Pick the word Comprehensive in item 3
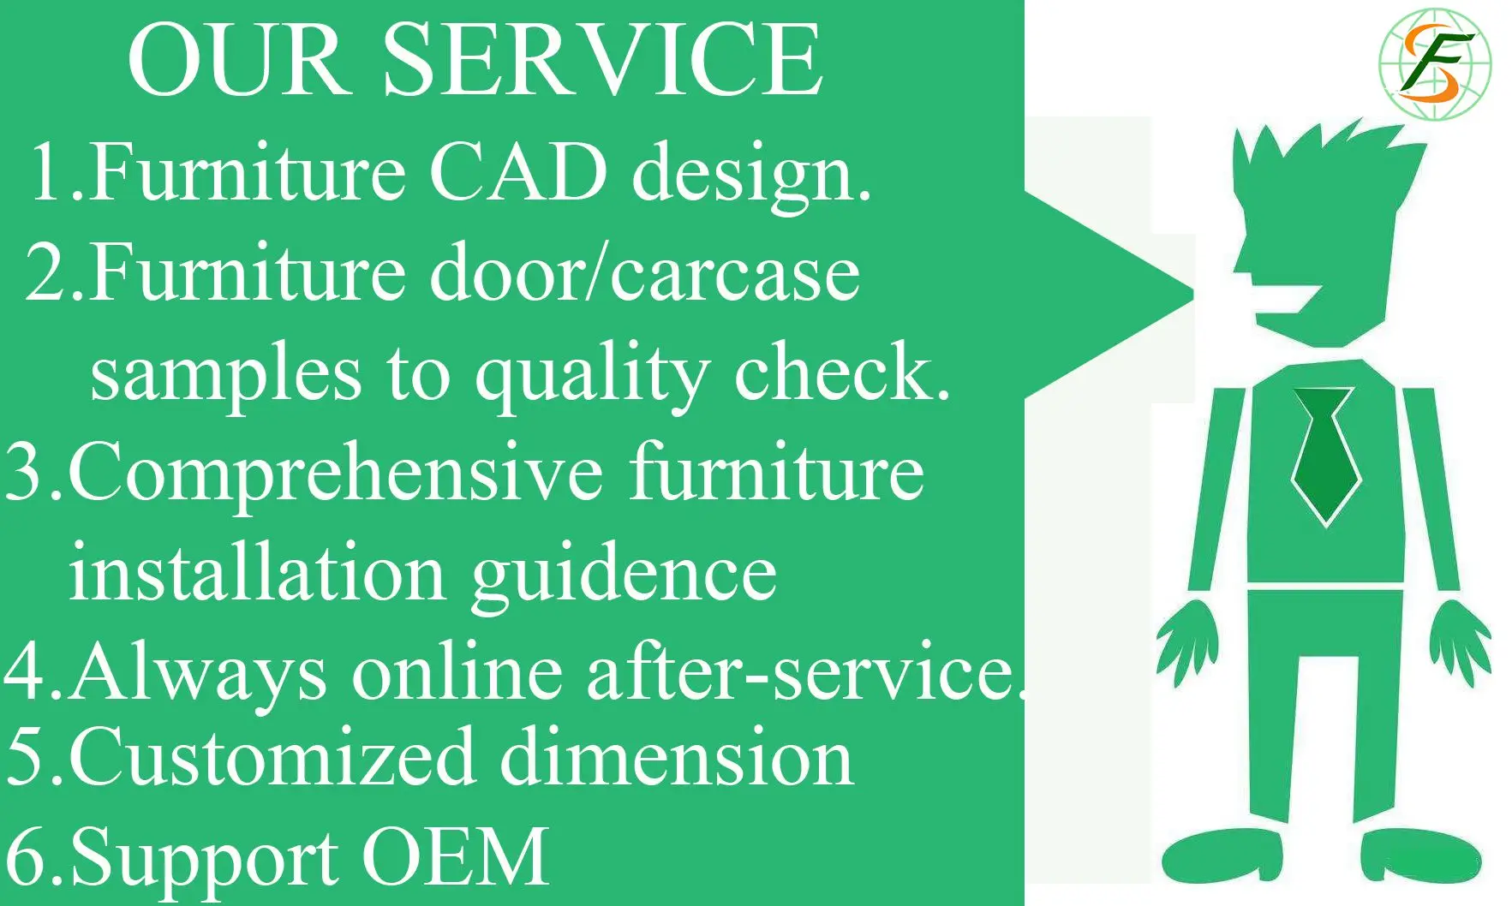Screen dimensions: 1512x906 click(335, 474)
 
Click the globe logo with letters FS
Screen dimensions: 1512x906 click(1435, 63)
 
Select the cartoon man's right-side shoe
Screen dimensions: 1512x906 click(1420, 855)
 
